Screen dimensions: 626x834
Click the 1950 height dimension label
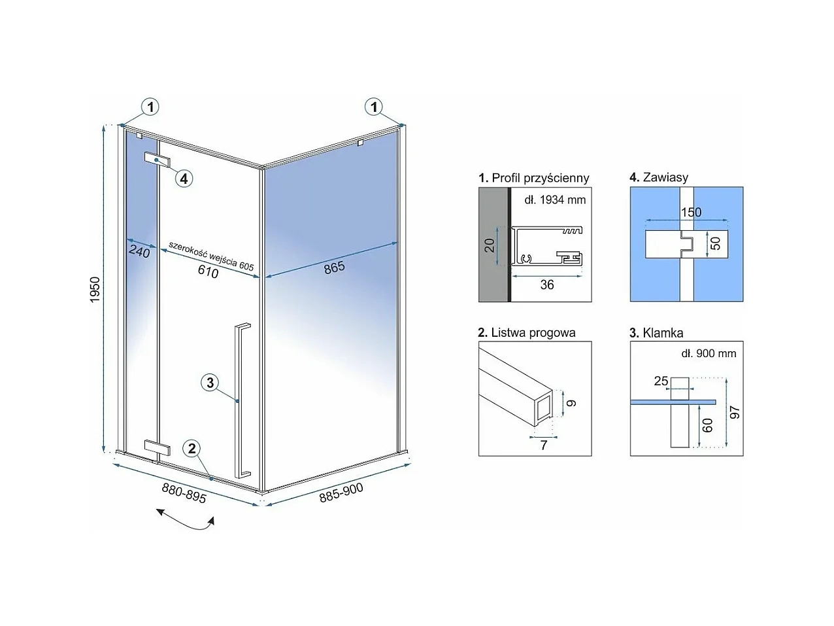[95, 290]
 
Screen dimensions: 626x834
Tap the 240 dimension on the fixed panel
[139, 251]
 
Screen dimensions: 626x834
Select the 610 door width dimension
[208, 271]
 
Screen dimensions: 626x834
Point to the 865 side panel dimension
[334, 268]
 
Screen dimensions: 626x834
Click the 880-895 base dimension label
[184, 493]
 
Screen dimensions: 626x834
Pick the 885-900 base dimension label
[341, 493]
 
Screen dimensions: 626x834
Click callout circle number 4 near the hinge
[184, 177]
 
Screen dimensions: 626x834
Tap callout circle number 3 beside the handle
[210, 383]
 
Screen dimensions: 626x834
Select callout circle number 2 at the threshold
[192, 448]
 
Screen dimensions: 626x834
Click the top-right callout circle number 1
[374, 107]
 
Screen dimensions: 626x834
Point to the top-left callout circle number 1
[150, 107]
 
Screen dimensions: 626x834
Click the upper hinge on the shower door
[157, 160]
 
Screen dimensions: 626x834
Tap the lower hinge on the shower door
[157, 448]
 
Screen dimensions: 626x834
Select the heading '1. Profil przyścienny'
[533, 178]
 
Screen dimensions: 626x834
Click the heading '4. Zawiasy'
[658, 177]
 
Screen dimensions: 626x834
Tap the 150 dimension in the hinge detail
[691, 212]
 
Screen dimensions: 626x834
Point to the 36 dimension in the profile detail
[547, 285]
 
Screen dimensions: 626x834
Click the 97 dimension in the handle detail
[735, 412]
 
